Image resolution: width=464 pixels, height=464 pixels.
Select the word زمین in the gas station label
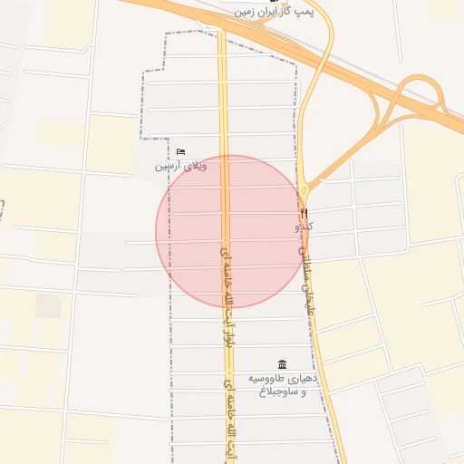click(242, 13)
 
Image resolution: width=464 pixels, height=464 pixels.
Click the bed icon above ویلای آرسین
click(180, 151)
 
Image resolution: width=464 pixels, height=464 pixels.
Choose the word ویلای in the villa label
click(195, 166)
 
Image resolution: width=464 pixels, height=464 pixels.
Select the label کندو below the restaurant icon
click(304, 227)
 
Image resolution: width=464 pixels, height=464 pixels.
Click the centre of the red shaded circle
click(229, 231)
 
